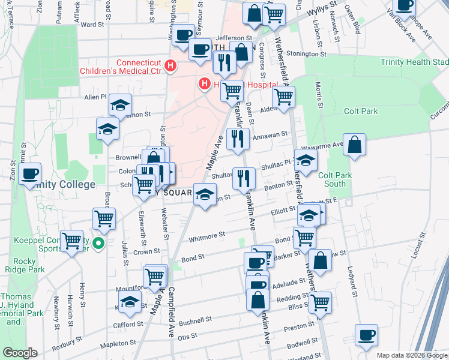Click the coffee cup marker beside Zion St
[x=29, y=175]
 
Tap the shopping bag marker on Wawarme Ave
[x=355, y=145]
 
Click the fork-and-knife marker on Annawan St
[x=238, y=139]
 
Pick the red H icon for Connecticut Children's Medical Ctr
[x=171, y=66]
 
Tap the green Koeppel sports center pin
[x=100, y=244]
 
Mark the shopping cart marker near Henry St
[x=72, y=241]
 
